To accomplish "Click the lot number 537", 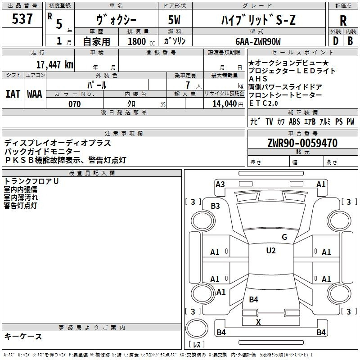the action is (x=22, y=19).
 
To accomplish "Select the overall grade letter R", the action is (x=343, y=20).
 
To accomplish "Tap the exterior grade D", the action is (x=335, y=40).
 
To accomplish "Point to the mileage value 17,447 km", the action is (x=54, y=64).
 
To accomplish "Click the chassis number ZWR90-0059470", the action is (x=302, y=143).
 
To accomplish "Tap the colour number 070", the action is (x=74, y=104).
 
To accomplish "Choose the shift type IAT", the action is (x=13, y=94).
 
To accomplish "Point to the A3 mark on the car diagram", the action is (x=220, y=184).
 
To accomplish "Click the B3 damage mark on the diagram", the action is (x=216, y=206).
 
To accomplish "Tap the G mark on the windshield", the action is (x=284, y=237).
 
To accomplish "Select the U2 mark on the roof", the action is (x=271, y=251).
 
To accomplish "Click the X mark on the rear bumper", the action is (x=258, y=322).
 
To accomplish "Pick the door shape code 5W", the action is (x=175, y=20).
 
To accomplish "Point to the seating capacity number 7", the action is (x=186, y=85).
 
